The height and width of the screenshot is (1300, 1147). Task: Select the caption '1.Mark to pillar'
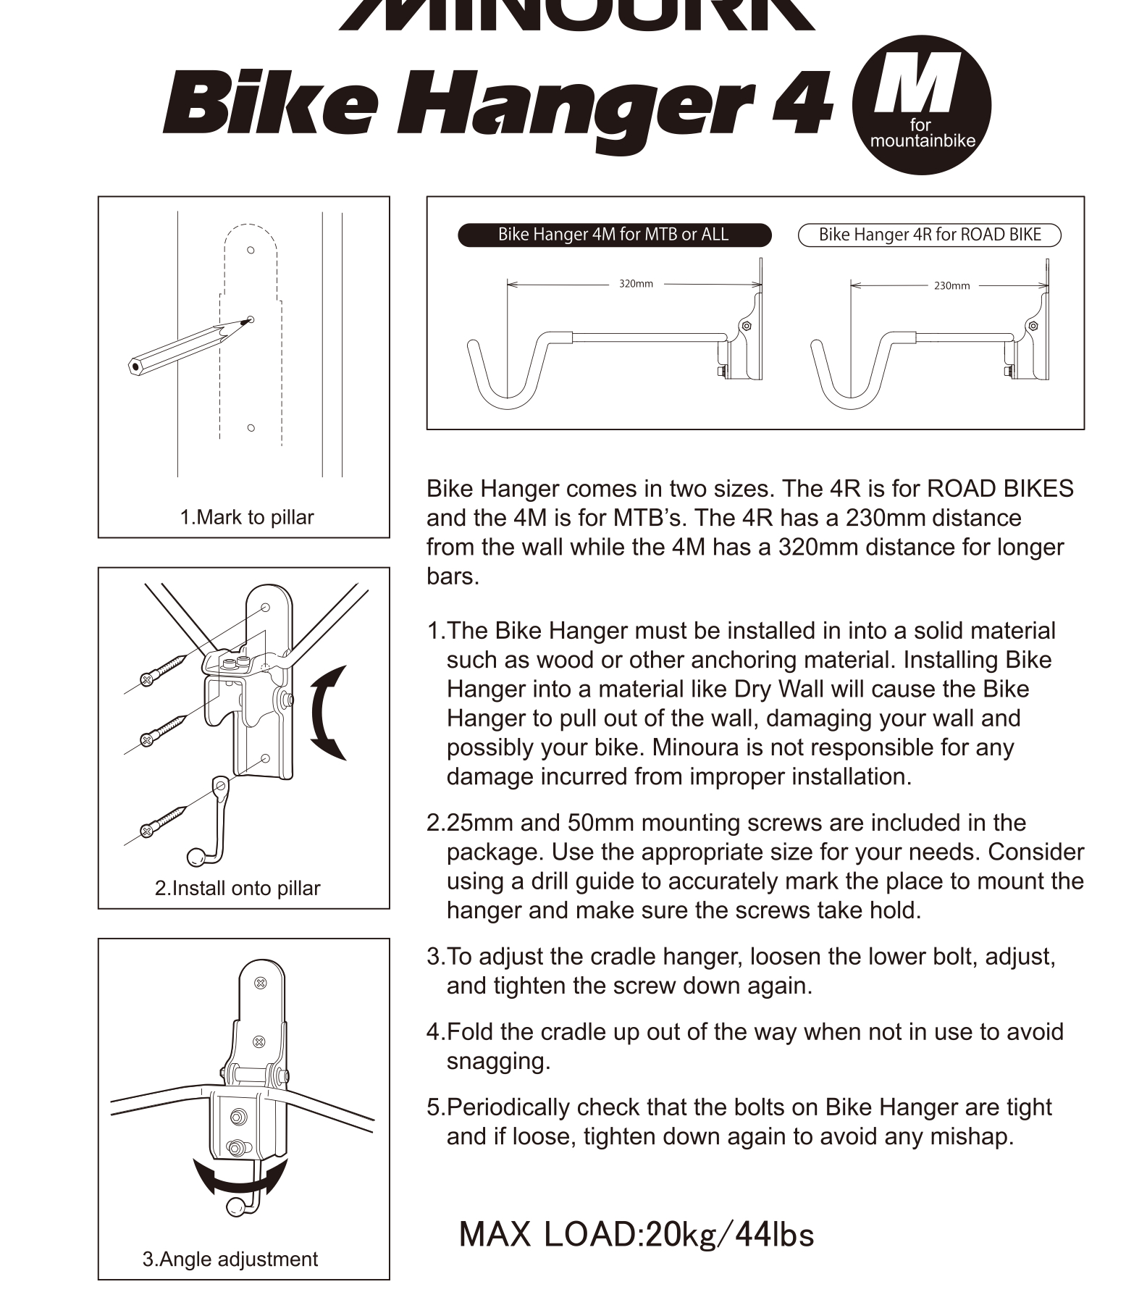(x=247, y=518)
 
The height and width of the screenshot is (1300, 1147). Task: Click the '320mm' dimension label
(x=636, y=284)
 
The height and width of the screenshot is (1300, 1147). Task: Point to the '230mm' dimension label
(x=951, y=286)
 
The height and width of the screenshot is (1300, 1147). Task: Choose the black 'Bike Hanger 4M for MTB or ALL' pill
(x=613, y=235)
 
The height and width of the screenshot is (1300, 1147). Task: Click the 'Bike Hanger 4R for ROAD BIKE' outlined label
(x=929, y=235)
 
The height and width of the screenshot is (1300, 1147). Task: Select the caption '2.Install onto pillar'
(x=238, y=889)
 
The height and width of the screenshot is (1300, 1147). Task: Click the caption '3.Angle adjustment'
(x=230, y=1259)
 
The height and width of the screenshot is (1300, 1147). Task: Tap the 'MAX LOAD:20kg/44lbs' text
(x=636, y=1235)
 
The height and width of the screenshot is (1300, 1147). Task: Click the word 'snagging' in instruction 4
(x=498, y=1062)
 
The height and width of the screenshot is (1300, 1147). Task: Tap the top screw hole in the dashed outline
(x=251, y=250)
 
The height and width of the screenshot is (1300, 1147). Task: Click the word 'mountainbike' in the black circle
(x=923, y=141)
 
